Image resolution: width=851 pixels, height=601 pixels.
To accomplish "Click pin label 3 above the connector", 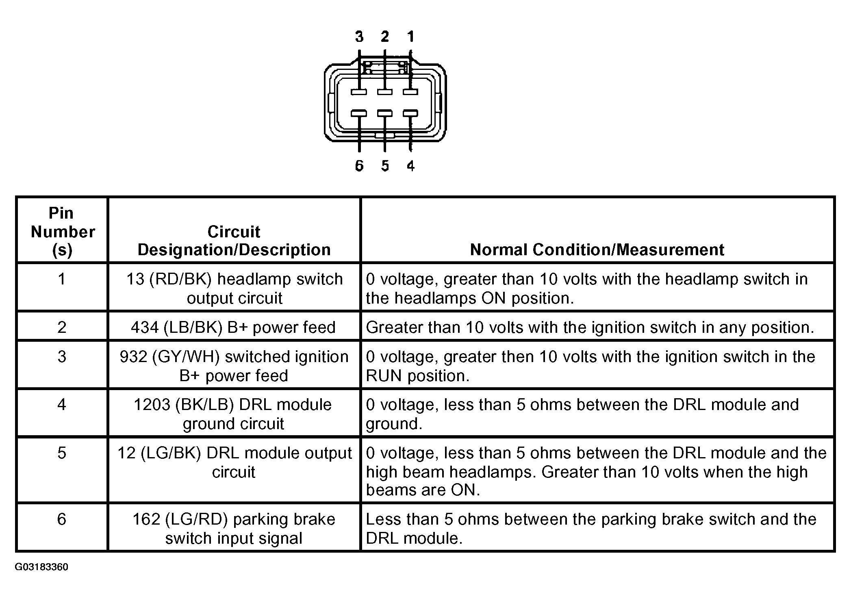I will point(359,37).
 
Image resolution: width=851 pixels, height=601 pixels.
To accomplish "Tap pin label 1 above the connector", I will point(410,37).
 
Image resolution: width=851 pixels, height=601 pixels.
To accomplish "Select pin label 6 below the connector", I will point(359,166).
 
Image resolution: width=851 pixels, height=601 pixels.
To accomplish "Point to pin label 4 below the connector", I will point(410,166).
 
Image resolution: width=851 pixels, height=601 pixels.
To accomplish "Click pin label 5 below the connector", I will point(385,166).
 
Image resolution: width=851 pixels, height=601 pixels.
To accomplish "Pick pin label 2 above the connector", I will point(385,37).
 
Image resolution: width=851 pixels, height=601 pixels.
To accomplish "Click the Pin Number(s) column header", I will point(62,232).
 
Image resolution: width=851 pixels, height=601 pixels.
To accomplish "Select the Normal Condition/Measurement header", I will point(597,250).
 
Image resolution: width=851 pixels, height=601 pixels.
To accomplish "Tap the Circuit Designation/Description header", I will point(234,241).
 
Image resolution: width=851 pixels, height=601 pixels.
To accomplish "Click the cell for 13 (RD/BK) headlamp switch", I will point(234,288).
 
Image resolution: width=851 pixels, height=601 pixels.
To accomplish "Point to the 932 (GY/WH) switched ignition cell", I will point(234,366).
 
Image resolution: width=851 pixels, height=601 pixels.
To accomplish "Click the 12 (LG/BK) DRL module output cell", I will point(234,462).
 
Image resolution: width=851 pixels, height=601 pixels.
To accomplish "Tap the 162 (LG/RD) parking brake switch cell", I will point(234,528).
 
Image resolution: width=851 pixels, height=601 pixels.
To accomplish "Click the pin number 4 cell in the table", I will point(62,405).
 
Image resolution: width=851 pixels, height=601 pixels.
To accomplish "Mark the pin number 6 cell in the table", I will point(62,519).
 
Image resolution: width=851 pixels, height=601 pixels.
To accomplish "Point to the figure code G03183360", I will point(41,567).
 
